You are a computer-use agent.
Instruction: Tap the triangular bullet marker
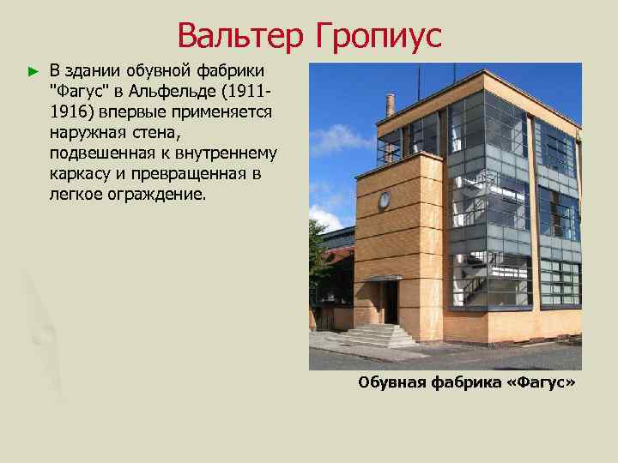(33, 69)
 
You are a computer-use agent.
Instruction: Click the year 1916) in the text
(71, 112)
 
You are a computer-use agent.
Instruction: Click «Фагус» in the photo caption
(539, 382)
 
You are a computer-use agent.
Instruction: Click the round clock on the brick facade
(384, 200)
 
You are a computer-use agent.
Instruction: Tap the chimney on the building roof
(391, 104)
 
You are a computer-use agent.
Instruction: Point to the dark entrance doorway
(391, 302)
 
